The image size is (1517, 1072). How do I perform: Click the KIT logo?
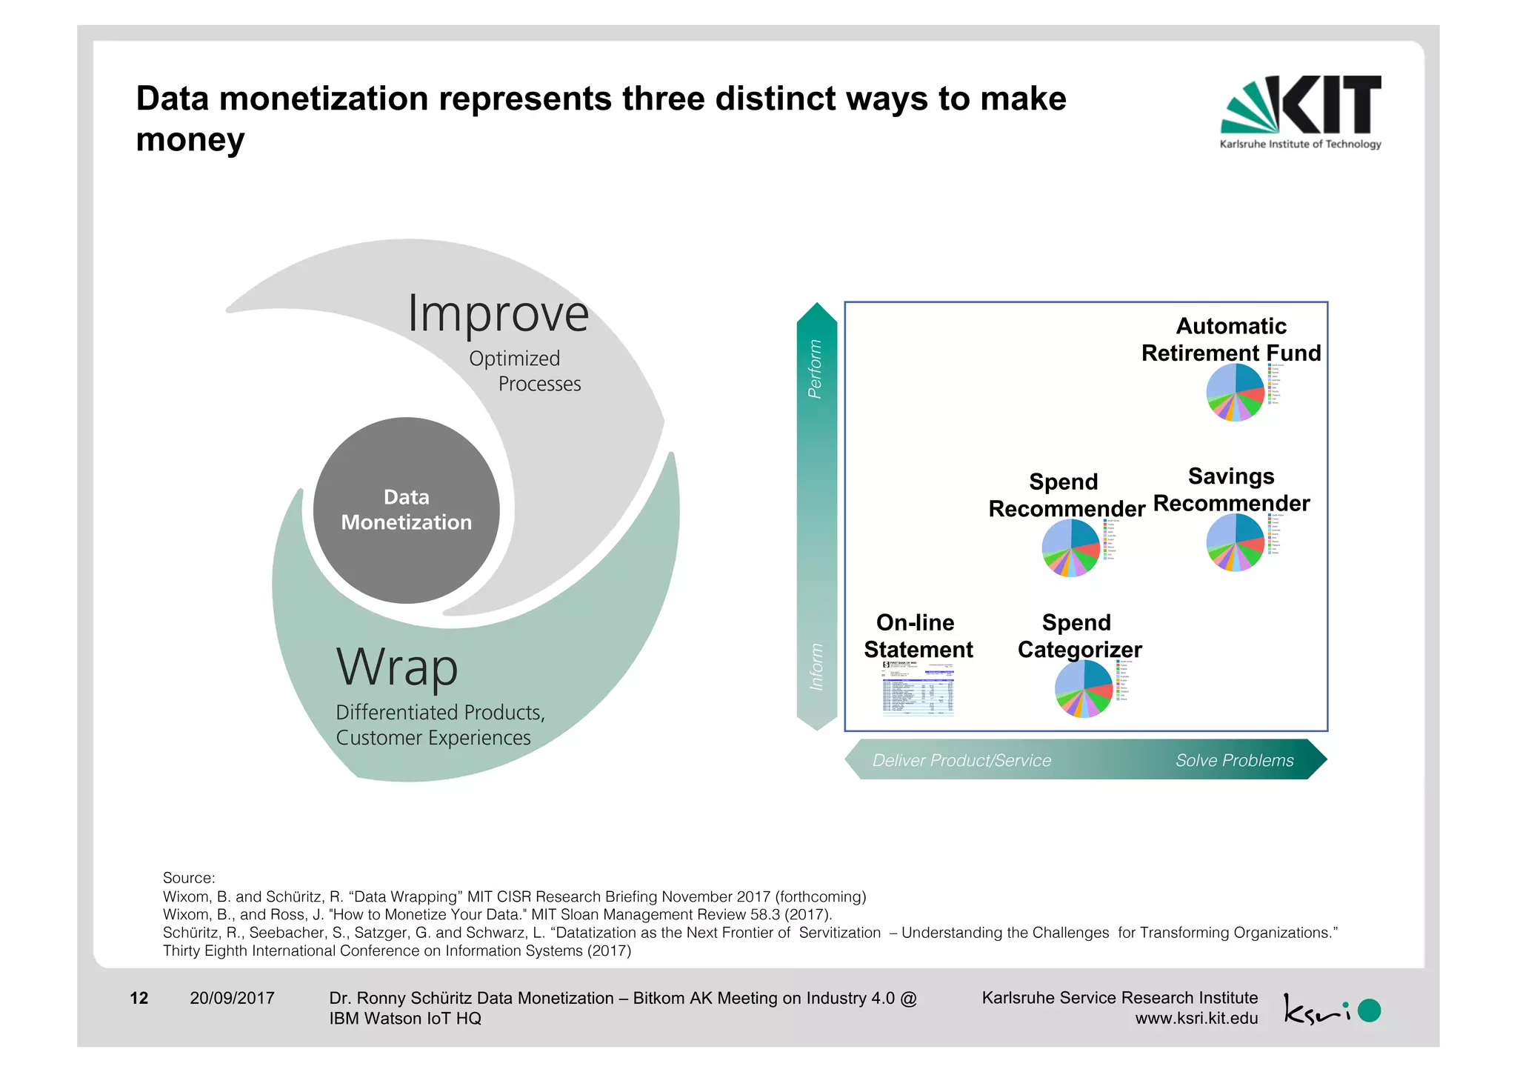click(x=1301, y=111)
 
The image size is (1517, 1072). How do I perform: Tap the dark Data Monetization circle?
click(x=406, y=510)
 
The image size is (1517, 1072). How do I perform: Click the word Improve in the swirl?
click(x=498, y=314)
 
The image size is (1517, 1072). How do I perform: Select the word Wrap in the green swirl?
click(x=397, y=667)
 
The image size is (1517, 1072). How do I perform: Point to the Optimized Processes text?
click(x=524, y=371)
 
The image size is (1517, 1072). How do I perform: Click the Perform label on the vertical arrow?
click(x=815, y=368)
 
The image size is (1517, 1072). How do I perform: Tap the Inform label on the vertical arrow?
click(x=816, y=667)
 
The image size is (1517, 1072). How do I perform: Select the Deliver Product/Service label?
click(x=961, y=760)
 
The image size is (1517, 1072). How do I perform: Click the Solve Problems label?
click(x=1234, y=760)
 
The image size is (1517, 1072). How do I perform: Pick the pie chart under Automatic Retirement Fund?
click(x=1235, y=393)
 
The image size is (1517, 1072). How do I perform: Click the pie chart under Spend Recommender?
click(x=1070, y=547)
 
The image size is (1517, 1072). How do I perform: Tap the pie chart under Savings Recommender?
click(x=1235, y=542)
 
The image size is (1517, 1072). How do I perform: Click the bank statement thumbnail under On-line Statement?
click(x=918, y=688)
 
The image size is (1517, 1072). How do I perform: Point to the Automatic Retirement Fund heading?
click(x=1231, y=339)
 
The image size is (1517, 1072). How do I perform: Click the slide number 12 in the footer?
click(x=139, y=998)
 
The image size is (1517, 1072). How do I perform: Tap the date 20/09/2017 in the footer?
click(x=232, y=998)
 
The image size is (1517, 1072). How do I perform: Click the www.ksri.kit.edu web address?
click(x=1196, y=1018)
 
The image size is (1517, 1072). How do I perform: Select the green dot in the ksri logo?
click(x=1369, y=1011)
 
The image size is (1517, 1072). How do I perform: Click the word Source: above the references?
click(x=189, y=878)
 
